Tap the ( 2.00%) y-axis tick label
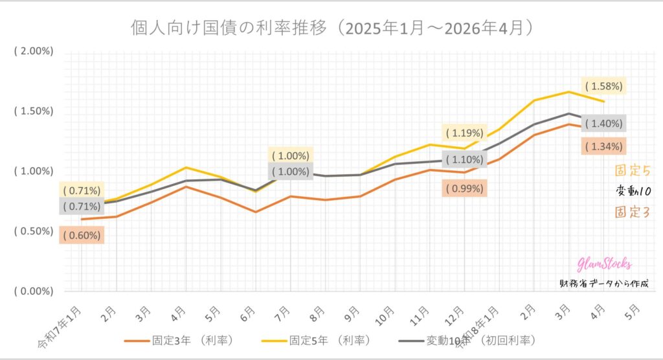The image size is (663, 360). coord(33,51)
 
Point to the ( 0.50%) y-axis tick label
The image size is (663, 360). coord(33,231)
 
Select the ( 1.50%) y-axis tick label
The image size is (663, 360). coord(33,111)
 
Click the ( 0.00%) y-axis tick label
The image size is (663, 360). coord(33,291)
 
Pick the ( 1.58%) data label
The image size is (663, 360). coord(603,85)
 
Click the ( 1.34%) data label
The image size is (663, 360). coord(603,146)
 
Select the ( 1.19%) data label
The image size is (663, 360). coord(462,133)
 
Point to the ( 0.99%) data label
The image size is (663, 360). coord(462,189)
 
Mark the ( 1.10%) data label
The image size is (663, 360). coord(462,159)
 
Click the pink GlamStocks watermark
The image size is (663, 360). coord(604,264)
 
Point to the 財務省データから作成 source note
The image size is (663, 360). coord(602,283)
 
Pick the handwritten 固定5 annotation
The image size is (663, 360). coord(631,172)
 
